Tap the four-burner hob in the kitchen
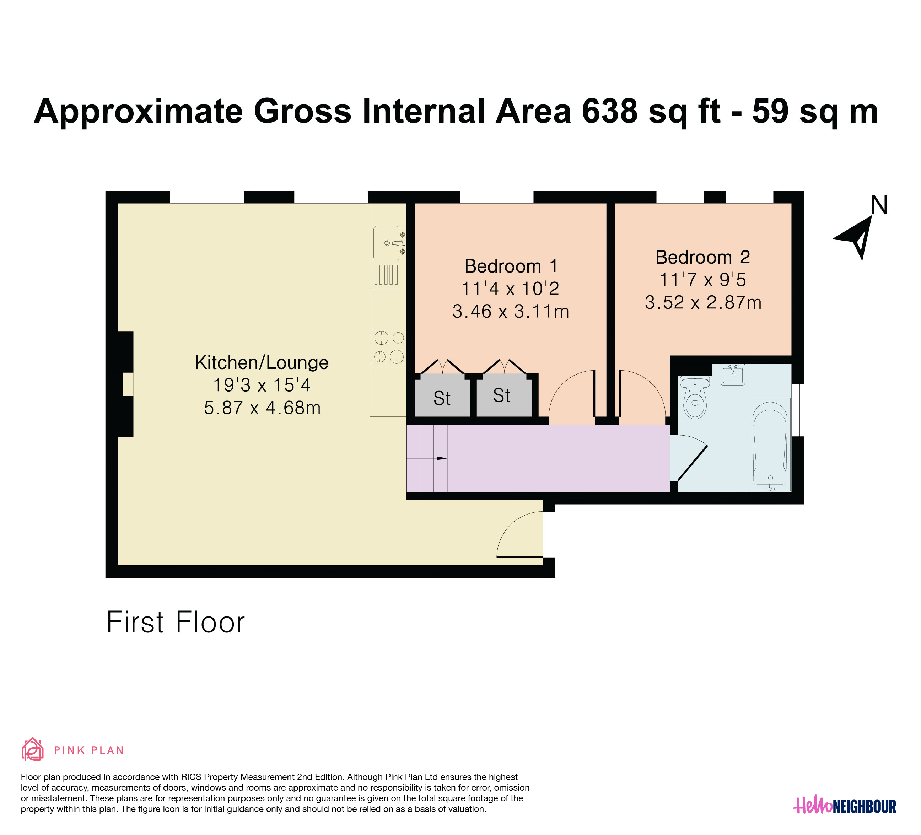pos(389,347)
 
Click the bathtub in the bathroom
pos(770,445)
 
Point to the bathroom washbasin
pos(733,375)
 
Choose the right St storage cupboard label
pos(502,395)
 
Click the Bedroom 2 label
pos(702,257)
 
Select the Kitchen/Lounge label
pos(262,363)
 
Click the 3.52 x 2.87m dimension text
pos(703,302)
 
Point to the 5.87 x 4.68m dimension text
pos(262,408)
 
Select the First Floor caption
pos(176,622)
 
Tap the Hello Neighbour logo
pos(845,805)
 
